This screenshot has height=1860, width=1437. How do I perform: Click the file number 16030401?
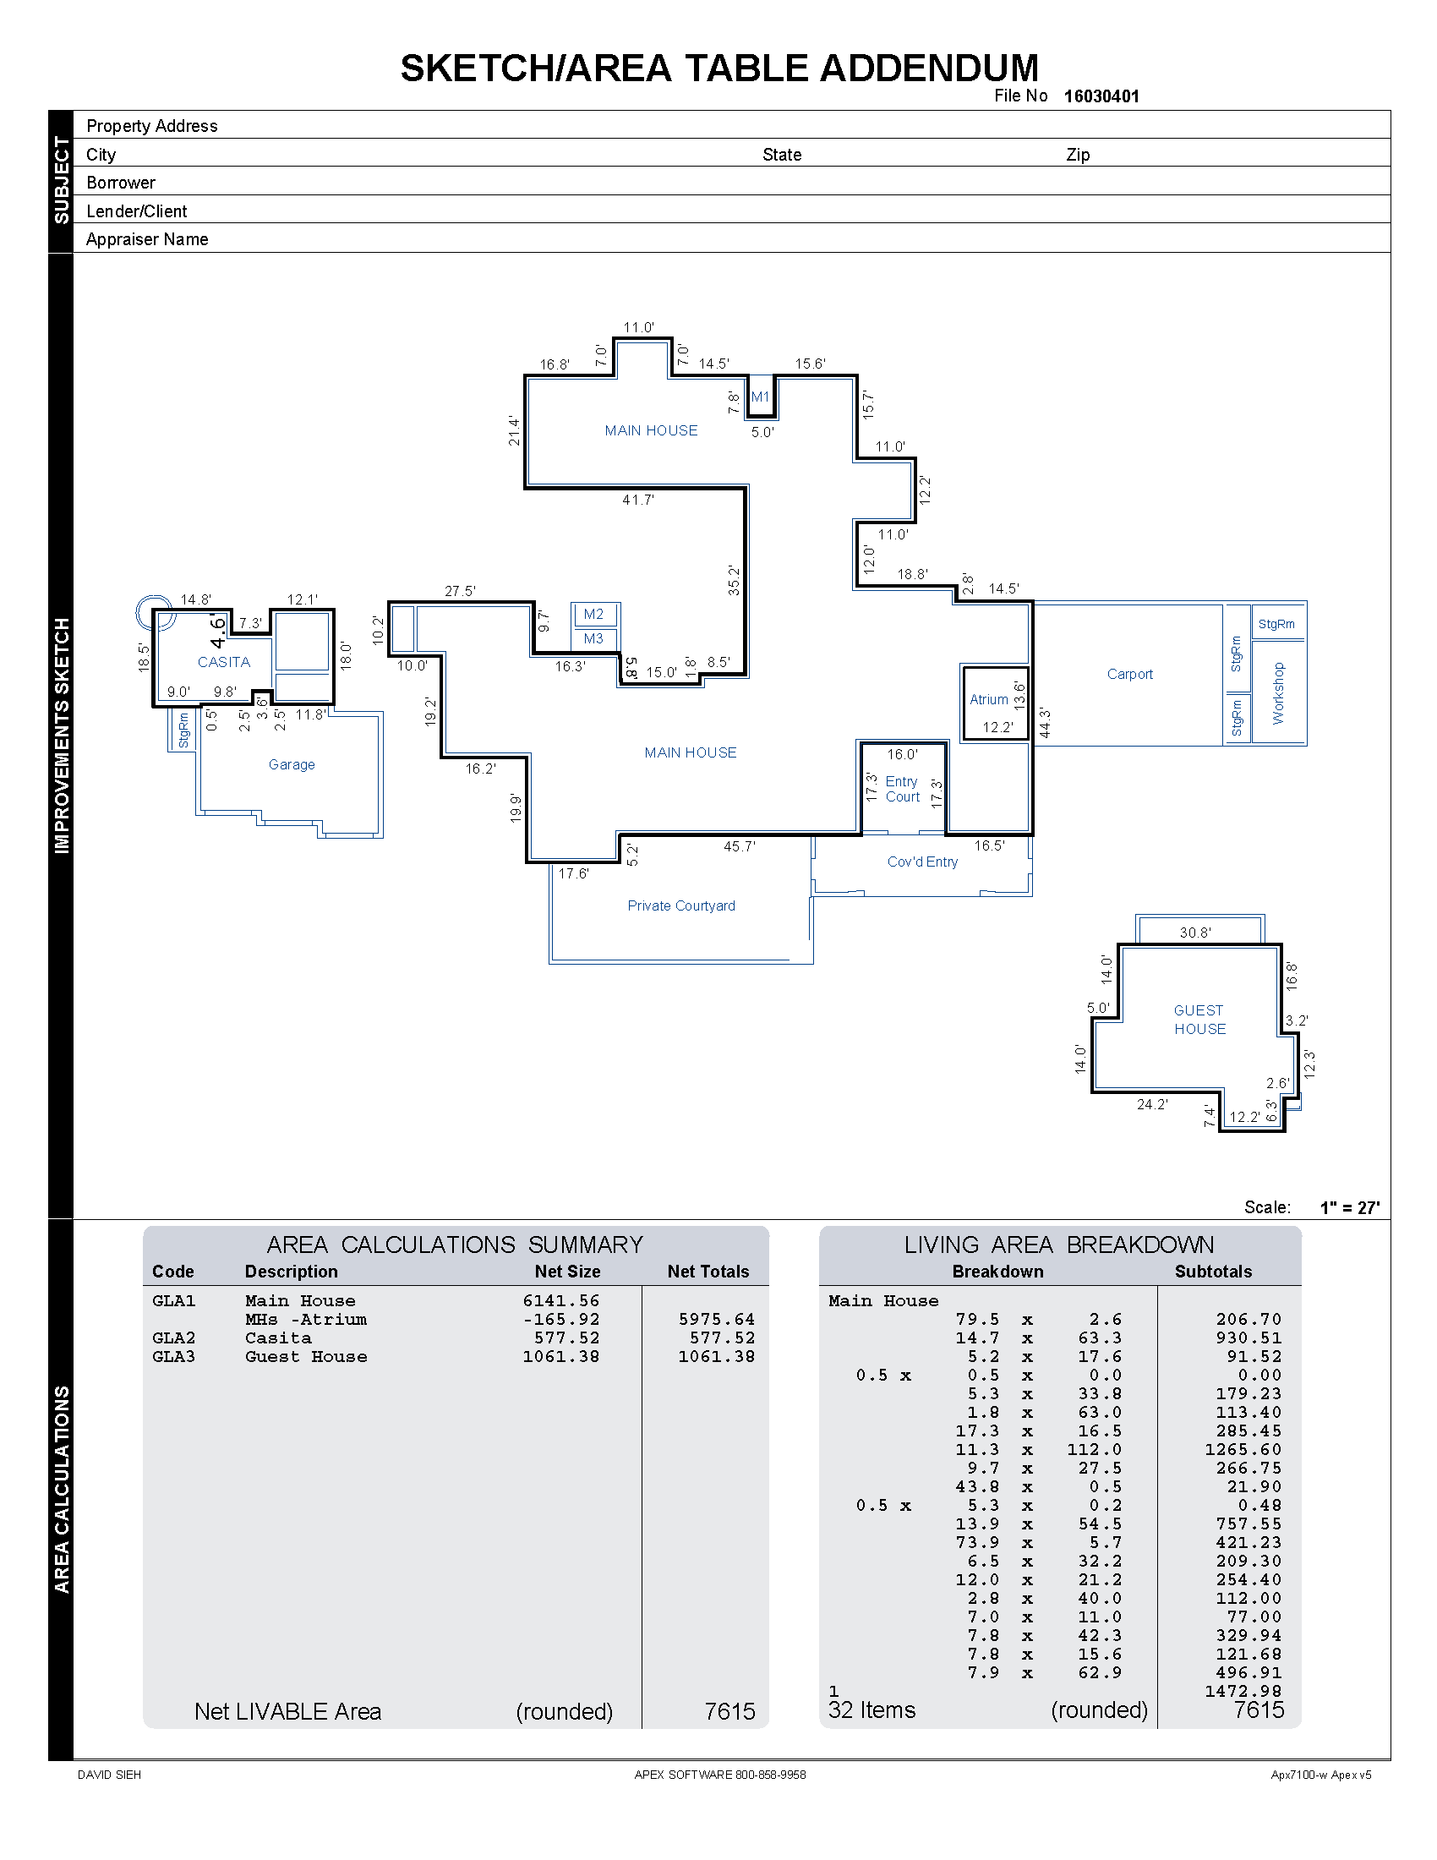click(x=1101, y=96)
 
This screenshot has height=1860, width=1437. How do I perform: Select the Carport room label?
click(x=1128, y=674)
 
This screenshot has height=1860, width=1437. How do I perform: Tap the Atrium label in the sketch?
click(x=988, y=699)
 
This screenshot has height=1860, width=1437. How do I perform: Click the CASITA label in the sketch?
click(x=224, y=662)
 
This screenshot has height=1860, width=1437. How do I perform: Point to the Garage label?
click(x=291, y=765)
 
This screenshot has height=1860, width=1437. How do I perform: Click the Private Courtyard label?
click(x=681, y=905)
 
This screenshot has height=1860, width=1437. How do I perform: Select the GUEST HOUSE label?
click(x=1199, y=1020)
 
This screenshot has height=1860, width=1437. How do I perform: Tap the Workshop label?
click(x=1278, y=693)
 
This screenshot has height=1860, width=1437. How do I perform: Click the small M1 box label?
click(x=760, y=397)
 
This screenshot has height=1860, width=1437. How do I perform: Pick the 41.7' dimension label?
click(x=637, y=500)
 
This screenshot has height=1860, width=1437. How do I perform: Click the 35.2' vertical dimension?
click(x=734, y=580)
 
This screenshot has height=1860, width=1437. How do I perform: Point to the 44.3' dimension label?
click(x=1045, y=722)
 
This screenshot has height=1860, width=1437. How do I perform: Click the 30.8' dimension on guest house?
click(x=1195, y=933)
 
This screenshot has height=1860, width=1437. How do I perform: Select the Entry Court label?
click(x=903, y=789)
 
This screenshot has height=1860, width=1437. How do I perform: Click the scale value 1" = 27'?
click(x=1349, y=1207)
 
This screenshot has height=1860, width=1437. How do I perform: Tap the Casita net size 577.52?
click(x=566, y=1338)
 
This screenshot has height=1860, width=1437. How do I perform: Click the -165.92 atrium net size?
click(x=561, y=1319)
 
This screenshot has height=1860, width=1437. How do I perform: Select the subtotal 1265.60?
click(x=1242, y=1449)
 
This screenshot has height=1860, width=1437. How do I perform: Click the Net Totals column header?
click(x=708, y=1272)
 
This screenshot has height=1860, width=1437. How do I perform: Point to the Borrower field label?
click(x=121, y=183)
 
